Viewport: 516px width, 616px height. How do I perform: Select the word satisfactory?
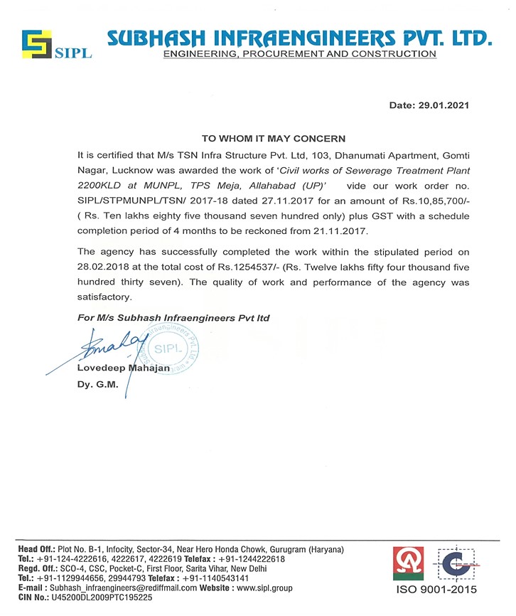click(106, 298)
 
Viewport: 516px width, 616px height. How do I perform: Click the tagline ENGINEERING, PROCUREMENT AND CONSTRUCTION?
click(299, 54)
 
